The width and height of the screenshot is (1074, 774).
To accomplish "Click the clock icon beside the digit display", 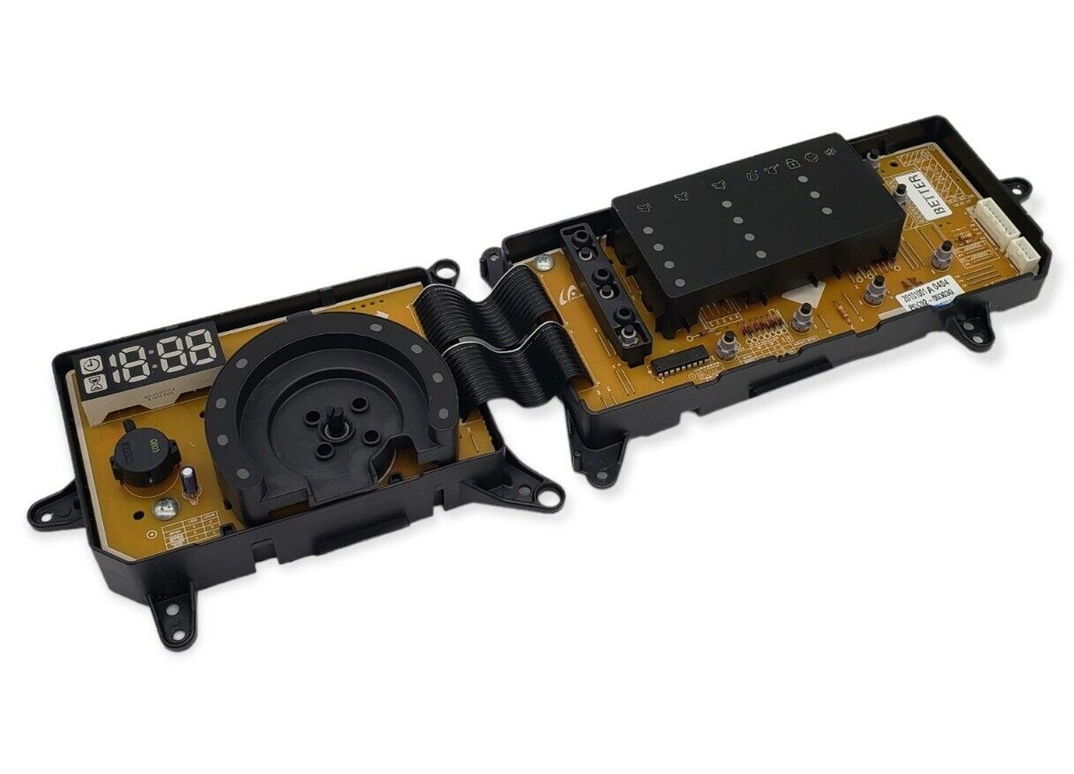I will tap(92, 365).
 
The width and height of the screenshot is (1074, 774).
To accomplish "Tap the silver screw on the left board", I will tap(163, 509).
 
